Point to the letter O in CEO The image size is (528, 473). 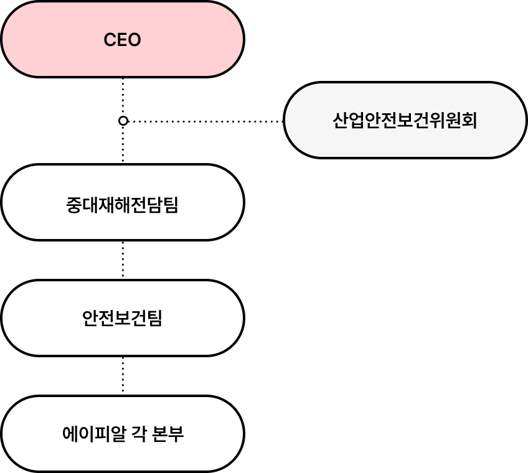click(x=134, y=40)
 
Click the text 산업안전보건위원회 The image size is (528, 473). click(x=405, y=120)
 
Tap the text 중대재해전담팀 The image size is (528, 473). click(x=122, y=204)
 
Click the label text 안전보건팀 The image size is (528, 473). click(x=122, y=318)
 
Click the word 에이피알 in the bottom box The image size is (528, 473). click(x=92, y=433)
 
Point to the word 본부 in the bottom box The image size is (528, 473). click(x=167, y=433)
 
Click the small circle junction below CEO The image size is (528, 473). click(x=123, y=121)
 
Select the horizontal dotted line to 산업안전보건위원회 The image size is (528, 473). click(x=205, y=121)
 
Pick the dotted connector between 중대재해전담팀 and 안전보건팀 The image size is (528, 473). click(x=123, y=260)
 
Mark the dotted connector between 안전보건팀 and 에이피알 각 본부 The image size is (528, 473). click(x=123, y=376)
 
